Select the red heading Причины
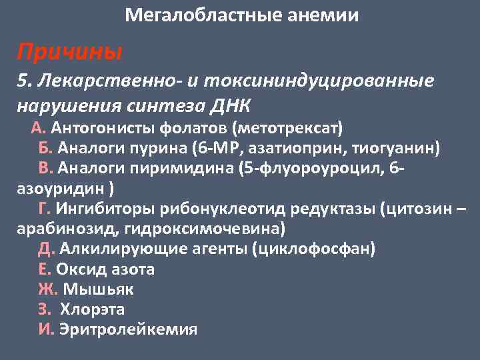[69, 50]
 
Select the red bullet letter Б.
[47, 147]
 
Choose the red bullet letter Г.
[45, 209]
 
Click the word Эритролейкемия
[128, 330]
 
